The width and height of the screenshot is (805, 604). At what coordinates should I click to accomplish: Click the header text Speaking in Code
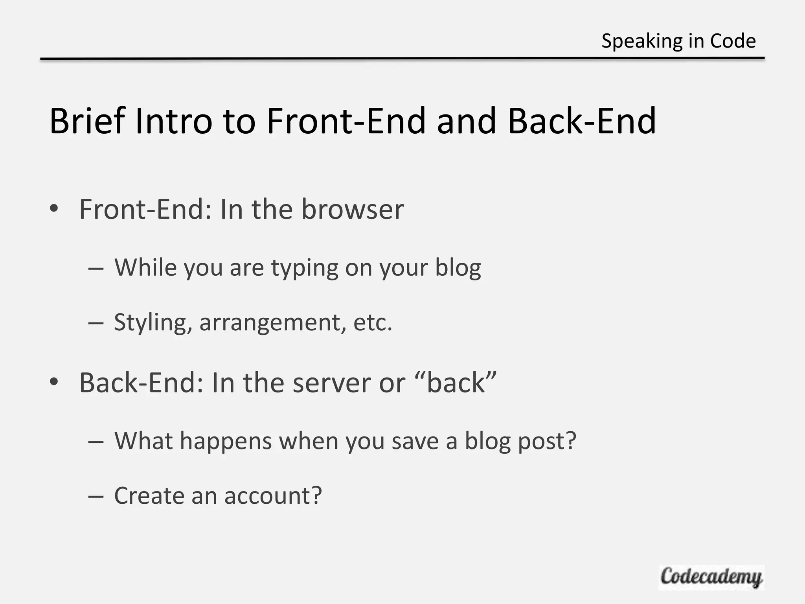pos(678,41)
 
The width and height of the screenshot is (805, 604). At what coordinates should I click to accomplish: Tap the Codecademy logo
pos(711,577)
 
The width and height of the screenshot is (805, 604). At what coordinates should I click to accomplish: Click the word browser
pos(353,209)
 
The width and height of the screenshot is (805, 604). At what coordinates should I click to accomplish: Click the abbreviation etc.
pos(373,323)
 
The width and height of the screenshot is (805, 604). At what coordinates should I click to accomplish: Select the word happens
pos(226,441)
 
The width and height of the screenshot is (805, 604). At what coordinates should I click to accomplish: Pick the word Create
pos(149,495)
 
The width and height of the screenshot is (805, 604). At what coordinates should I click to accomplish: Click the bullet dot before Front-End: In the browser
pos(54,208)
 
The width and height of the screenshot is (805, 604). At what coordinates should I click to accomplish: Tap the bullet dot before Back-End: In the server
pos(54,381)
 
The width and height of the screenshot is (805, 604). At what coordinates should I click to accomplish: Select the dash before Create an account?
pos(96,496)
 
